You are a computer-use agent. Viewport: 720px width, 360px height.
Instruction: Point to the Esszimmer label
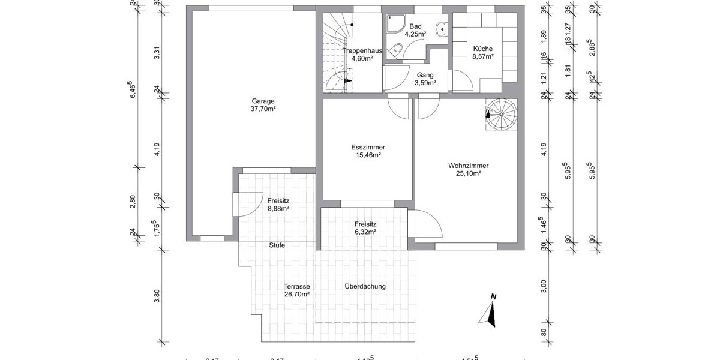[x=368, y=147]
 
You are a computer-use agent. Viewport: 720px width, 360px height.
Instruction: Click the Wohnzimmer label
[x=468, y=166]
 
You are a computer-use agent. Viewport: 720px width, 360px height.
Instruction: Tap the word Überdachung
[x=365, y=286]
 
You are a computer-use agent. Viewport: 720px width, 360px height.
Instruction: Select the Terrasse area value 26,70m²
[x=297, y=295]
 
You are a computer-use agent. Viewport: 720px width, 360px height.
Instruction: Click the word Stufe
[x=277, y=245]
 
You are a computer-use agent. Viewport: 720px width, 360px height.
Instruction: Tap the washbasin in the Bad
[x=441, y=27]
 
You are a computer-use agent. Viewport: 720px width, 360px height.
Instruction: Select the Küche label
[x=483, y=49]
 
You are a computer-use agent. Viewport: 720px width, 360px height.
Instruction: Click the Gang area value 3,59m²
[x=425, y=83]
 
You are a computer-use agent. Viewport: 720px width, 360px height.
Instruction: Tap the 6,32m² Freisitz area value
[x=365, y=232]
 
